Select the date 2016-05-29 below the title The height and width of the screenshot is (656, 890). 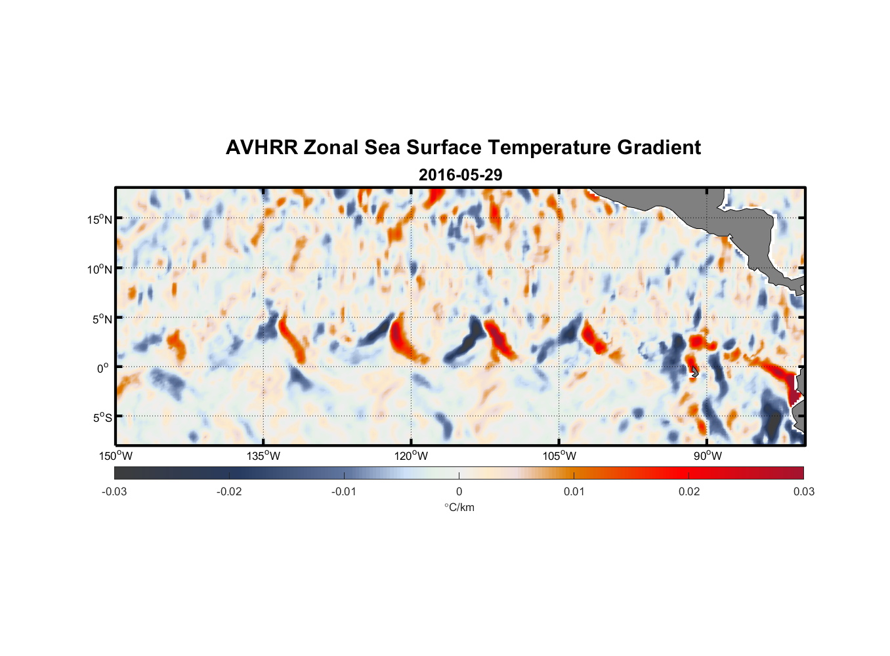pos(460,175)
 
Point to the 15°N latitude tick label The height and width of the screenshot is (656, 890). pos(100,219)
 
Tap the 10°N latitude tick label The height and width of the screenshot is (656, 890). pos(100,269)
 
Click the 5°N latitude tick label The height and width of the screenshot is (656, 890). pos(102,319)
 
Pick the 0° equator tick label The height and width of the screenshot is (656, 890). pos(103,369)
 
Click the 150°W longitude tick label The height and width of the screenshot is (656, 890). pos(116,456)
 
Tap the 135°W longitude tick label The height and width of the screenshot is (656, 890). pos(264,456)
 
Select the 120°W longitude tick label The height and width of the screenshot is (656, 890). pos(412,456)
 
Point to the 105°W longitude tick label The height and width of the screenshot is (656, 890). pos(559,456)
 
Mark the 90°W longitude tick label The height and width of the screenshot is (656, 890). pos(708,456)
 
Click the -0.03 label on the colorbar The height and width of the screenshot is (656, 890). pos(114,491)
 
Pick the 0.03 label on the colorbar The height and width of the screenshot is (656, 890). pos(803,491)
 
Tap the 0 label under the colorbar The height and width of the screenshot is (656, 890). pos(459,491)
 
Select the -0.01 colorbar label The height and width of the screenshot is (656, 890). pos(344,491)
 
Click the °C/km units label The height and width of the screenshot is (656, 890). pos(459,507)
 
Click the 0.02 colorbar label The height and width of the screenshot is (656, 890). pos(689,491)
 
